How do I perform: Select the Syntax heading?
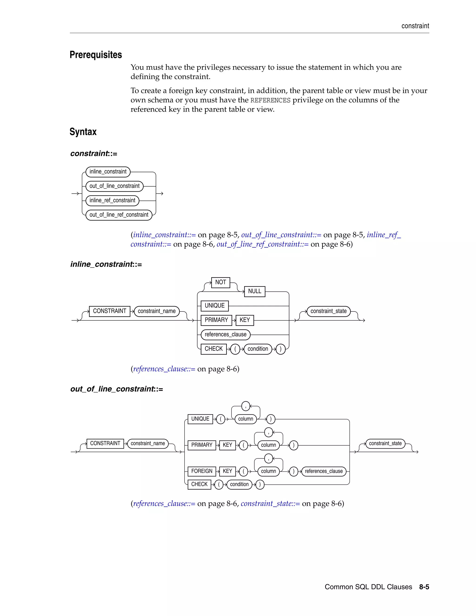click(x=83, y=132)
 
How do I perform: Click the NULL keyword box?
click(x=255, y=291)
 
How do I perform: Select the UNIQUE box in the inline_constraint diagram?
click(x=215, y=306)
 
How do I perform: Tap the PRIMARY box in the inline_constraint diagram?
click(x=216, y=320)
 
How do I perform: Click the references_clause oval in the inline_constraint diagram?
click(x=226, y=334)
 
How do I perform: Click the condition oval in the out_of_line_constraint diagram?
click(x=239, y=484)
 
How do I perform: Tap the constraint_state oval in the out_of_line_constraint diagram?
click(x=385, y=443)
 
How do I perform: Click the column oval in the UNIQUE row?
click(x=246, y=419)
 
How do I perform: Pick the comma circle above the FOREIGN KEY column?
click(x=268, y=458)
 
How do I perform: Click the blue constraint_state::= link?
click(x=270, y=503)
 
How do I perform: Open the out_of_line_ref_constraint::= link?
click(x=262, y=244)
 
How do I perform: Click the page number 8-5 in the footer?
click(x=424, y=587)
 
